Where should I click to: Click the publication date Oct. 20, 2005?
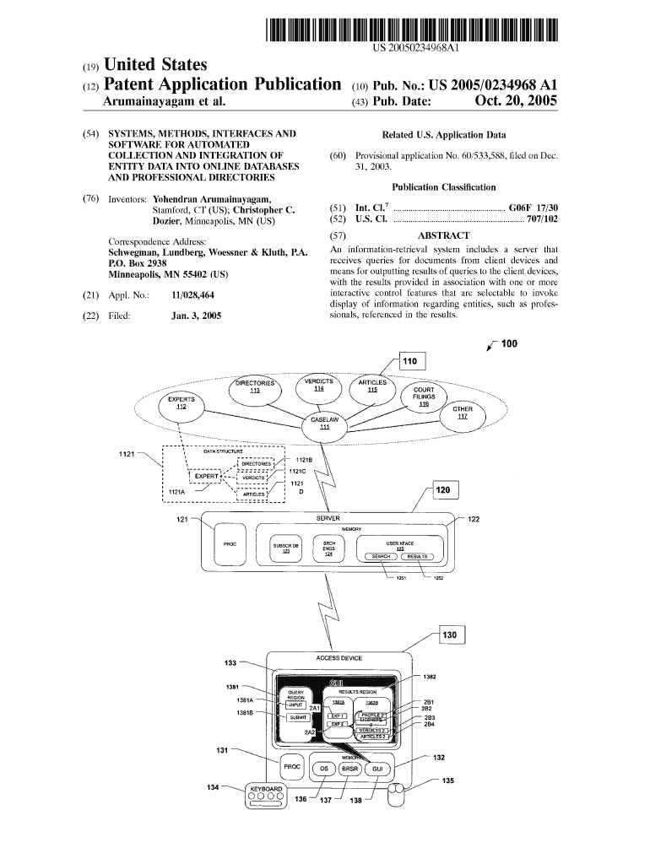tap(516, 102)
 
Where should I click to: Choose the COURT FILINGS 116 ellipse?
tap(424, 397)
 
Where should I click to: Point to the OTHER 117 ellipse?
tap(463, 413)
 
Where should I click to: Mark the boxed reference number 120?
tap(445, 491)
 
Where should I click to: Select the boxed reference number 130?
tap(448, 634)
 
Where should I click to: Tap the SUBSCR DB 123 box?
tap(285, 548)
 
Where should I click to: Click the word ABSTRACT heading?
tap(443, 236)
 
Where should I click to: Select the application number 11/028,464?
tap(192, 296)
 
